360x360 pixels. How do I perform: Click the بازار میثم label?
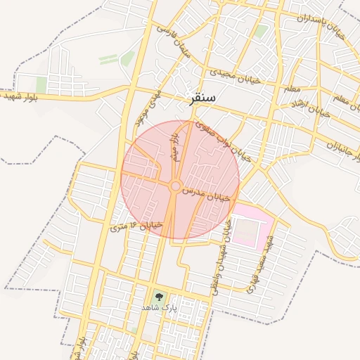(x=174, y=148)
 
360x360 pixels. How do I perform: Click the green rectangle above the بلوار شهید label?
(x=41, y=84)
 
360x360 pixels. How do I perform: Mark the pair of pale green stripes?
(x=108, y=59)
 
